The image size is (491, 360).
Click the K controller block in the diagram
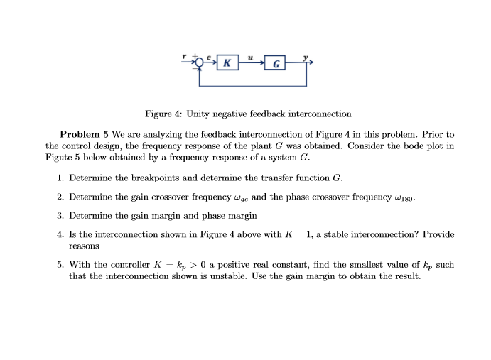coord(226,63)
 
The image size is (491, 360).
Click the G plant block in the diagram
coord(275,65)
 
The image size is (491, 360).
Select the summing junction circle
coord(200,63)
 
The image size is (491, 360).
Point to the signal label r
coord(184,57)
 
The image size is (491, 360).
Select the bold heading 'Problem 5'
coord(83,134)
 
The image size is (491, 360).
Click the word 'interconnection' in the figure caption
coord(316,114)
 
